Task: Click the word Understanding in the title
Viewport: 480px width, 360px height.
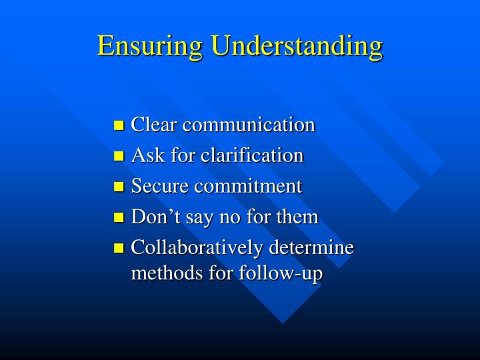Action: click(298, 46)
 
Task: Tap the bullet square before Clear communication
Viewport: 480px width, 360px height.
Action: click(119, 125)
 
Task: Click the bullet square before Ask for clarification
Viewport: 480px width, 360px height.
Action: click(119, 156)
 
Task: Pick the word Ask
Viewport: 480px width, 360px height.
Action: click(144, 155)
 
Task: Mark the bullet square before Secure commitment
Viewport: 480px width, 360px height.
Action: click(119, 187)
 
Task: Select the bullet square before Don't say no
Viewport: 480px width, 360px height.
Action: click(119, 217)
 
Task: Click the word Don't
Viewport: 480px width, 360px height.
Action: click(151, 217)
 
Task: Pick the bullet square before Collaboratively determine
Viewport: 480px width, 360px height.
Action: click(119, 248)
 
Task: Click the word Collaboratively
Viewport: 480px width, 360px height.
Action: click(197, 248)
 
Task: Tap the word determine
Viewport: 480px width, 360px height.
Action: click(311, 247)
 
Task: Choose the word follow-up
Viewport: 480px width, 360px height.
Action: click(290, 273)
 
